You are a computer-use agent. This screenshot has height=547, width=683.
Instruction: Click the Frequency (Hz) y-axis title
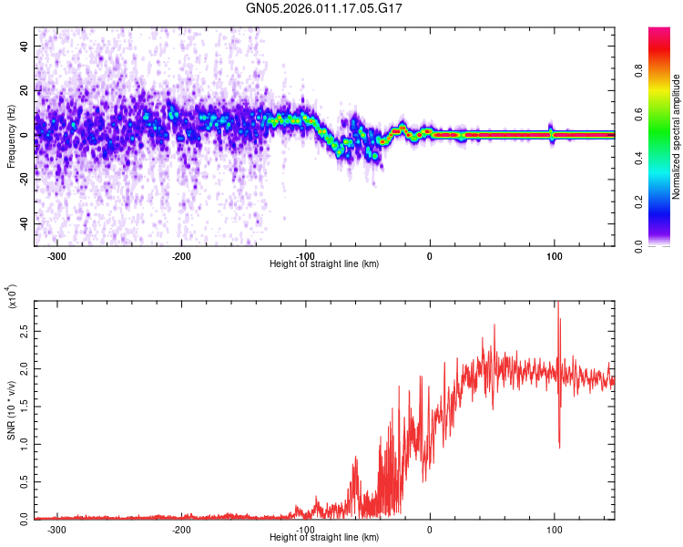11,138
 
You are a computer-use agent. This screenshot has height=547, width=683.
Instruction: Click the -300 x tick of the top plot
56,254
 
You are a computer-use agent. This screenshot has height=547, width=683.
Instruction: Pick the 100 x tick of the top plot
554,254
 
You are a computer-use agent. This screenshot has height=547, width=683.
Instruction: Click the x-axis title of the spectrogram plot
324,263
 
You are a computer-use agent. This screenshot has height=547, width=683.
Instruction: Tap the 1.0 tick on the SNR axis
24,444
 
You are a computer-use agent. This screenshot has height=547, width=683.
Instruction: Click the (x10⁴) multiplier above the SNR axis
13,297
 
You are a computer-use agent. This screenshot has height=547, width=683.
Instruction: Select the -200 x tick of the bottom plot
181,529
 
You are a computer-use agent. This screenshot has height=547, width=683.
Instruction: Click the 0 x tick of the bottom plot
430,529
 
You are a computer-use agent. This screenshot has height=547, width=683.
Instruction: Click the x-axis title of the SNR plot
324,538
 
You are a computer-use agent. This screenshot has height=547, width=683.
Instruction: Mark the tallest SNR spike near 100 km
557,304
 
